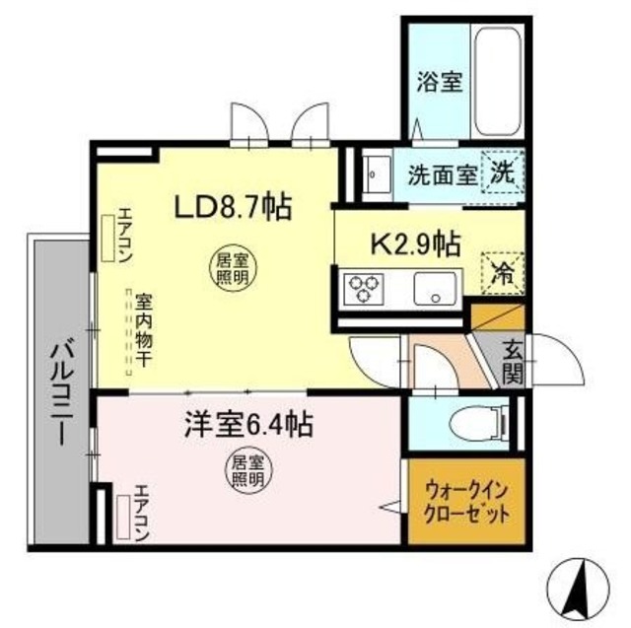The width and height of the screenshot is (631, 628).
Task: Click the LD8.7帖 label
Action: tap(232, 207)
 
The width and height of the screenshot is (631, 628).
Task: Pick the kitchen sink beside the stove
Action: tap(434, 290)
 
